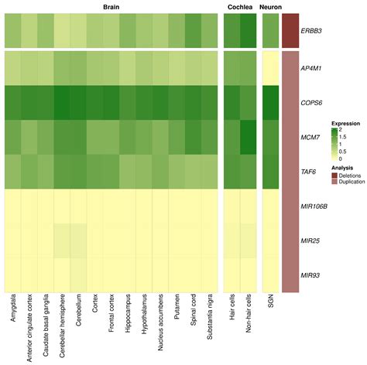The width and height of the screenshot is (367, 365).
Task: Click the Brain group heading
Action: coord(111,6)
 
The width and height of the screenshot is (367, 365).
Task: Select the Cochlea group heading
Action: coord(240,6)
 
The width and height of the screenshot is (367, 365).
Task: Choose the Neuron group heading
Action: coord(270,6)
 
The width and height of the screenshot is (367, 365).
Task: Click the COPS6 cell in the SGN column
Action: coord(270,103)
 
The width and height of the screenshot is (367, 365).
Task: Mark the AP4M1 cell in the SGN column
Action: coord(270,68)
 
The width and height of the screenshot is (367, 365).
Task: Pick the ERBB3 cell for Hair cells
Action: coord(232,32)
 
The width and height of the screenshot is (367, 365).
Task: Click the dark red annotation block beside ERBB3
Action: coord(290,32)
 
